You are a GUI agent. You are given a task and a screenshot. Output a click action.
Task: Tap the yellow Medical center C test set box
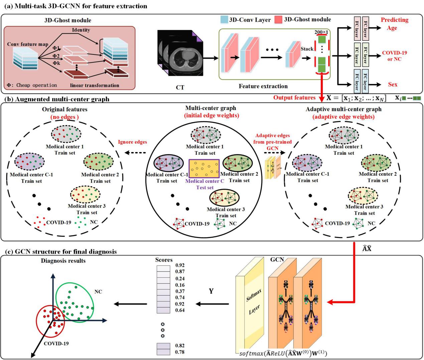204,168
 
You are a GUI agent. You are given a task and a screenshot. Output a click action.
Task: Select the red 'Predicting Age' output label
394,24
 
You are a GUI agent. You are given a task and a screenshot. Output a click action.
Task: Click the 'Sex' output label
393,85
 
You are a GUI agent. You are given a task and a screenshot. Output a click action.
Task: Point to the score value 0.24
180,278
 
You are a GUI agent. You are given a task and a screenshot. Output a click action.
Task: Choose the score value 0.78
180,352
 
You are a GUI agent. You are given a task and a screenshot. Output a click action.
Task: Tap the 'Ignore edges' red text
132,142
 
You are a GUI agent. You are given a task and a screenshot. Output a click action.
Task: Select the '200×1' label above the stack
321,32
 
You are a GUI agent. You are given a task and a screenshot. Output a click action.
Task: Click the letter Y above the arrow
211,291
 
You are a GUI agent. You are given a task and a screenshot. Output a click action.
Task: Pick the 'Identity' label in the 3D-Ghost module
81,30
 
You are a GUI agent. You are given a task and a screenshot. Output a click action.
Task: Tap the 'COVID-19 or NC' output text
395,56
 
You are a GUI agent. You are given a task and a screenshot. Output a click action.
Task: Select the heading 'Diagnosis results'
63,261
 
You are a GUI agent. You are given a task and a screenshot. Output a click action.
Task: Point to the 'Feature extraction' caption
263,86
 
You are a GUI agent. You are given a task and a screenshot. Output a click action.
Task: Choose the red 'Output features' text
294,98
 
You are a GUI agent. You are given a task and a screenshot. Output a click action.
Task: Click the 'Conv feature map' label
28,44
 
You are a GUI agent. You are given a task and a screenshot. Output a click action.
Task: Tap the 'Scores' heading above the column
164,260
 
